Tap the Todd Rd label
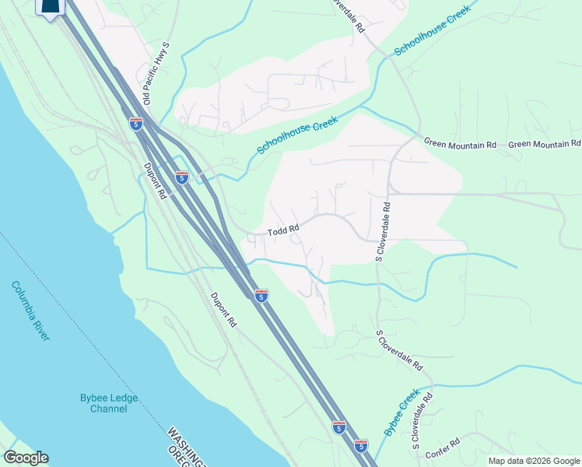283,231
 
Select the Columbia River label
31,311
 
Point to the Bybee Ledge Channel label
109,403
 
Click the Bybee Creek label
401,412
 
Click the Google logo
26,458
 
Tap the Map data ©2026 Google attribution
534,461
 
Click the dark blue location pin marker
51,8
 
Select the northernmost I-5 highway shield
136,124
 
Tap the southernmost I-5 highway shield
360,445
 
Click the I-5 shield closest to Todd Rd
261,295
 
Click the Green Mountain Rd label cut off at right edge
545,144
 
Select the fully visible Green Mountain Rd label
460,144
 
